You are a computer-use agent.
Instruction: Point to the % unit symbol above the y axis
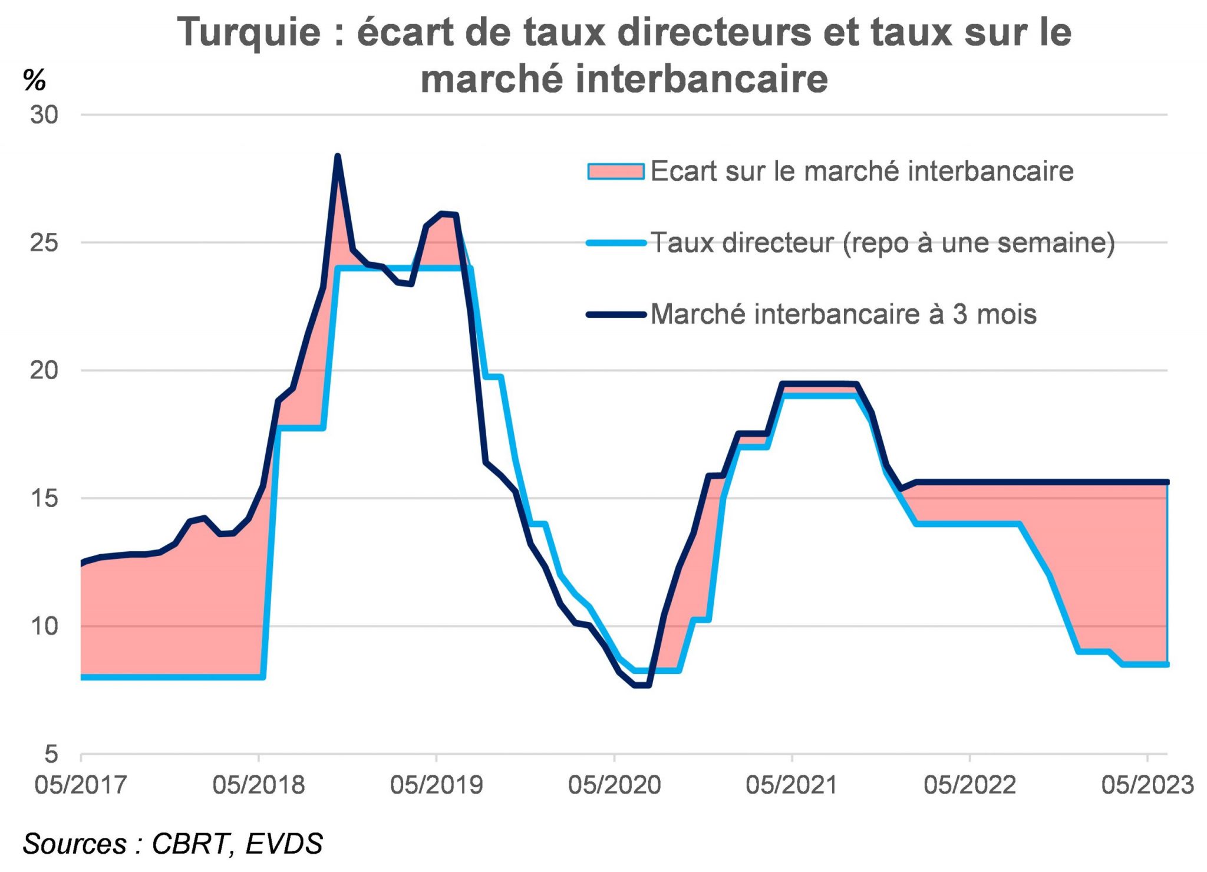34,80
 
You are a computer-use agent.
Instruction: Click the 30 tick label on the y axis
44,115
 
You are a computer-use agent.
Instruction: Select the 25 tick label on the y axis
44,242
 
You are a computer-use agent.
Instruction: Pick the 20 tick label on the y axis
44,370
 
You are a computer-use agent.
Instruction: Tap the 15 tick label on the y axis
44,498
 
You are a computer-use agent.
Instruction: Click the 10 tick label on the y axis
44,626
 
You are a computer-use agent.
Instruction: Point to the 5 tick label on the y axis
52,754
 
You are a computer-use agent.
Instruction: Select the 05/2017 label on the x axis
81,785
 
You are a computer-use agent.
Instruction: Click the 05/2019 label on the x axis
436,785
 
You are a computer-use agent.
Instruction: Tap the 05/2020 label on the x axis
614,785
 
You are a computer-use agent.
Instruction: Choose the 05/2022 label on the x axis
969,785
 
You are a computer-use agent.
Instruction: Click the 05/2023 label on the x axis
1147,785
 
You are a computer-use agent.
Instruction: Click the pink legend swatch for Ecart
615,172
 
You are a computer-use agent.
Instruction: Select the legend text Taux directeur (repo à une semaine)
882,243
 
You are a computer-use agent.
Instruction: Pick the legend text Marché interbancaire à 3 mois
843,314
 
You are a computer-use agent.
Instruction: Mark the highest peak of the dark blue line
337,156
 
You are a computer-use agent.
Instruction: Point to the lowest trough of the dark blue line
641,685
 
